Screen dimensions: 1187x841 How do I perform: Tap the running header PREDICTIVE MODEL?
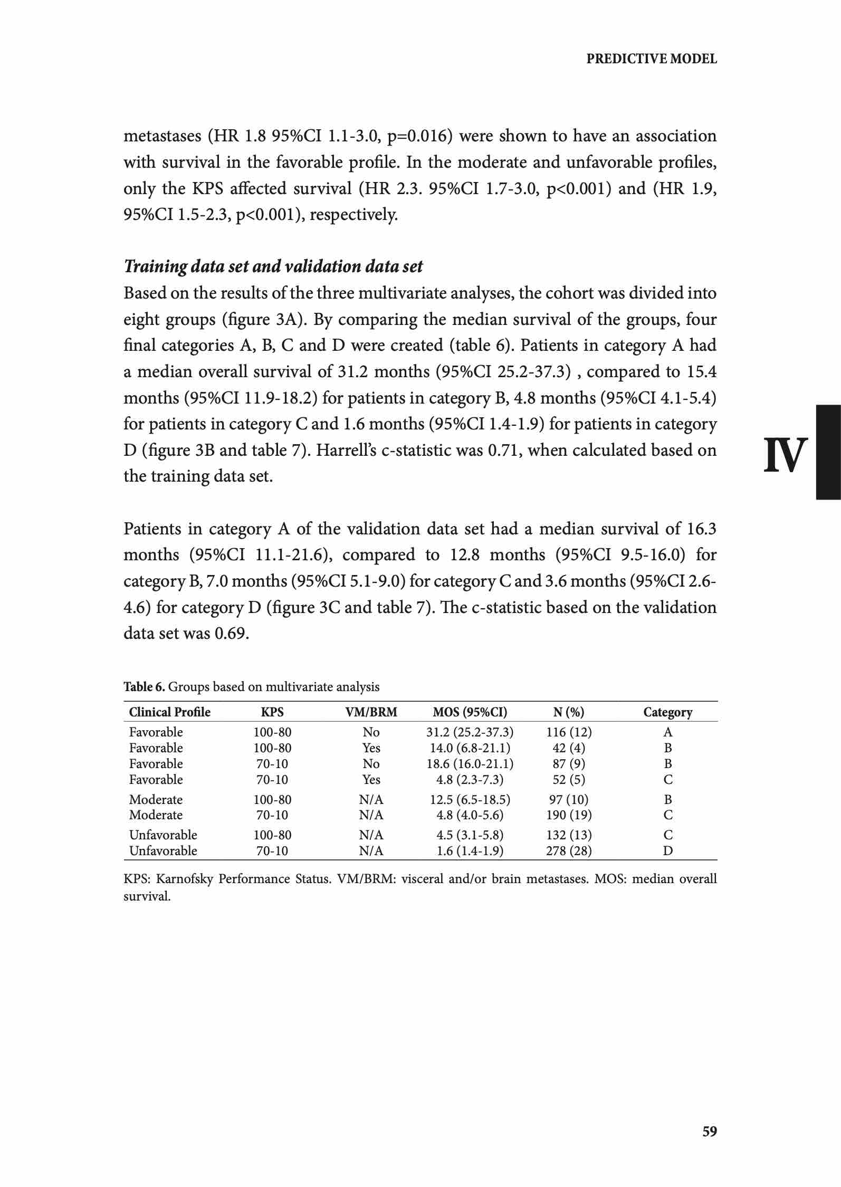(652, 59)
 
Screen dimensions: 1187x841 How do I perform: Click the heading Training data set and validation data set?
(273, 266)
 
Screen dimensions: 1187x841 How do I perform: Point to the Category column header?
(667, 712)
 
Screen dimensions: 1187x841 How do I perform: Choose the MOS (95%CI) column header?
(470, 712)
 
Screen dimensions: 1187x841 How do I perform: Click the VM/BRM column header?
(371, 712)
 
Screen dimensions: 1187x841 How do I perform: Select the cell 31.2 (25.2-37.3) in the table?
(470, 732)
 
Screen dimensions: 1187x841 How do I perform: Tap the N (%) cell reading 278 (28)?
(569, 851)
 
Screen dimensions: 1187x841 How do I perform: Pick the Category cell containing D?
(668, 851)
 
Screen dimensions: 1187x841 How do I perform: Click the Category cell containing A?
(668, 732)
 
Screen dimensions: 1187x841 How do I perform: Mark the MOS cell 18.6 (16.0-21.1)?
(470, 764)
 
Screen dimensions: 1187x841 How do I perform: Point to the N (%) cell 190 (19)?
(569, 815)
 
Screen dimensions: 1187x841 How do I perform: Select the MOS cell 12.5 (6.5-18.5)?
(470, 800)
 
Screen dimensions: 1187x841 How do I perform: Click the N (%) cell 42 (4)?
(569, 748)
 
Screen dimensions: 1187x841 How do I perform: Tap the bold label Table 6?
(144, 687)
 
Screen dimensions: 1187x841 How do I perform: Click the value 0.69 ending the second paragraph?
(231, 633)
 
